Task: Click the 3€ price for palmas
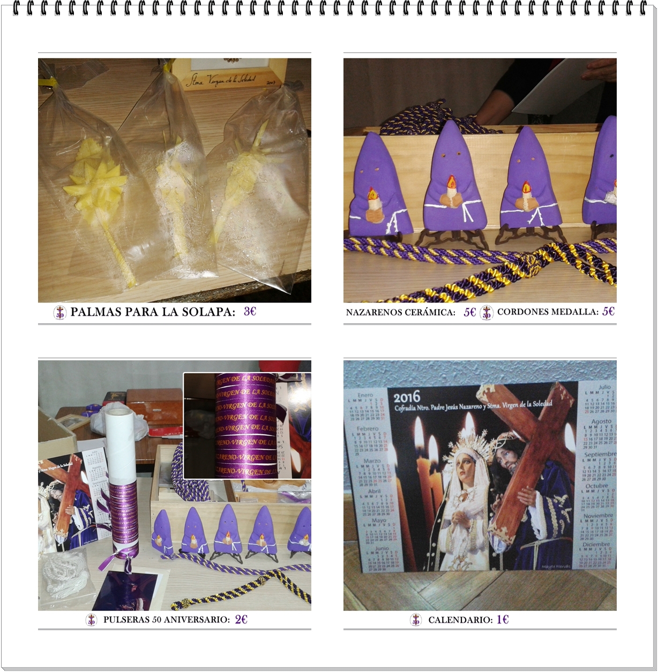pos(250,311)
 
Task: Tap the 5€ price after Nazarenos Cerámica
pos(469,312)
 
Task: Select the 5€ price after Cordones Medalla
pos(608,311)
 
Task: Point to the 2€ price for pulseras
pos(241,619)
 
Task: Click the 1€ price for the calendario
pos(502,620)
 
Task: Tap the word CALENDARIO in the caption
pos(460,620)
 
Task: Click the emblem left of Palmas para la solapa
pos(60,312)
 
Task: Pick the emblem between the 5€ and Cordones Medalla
pos(487,312)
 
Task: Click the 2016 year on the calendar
pos(407,397)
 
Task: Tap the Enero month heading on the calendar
pos(365,395)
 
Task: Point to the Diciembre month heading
pos(596,544)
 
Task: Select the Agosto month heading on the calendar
pos(601,421)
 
